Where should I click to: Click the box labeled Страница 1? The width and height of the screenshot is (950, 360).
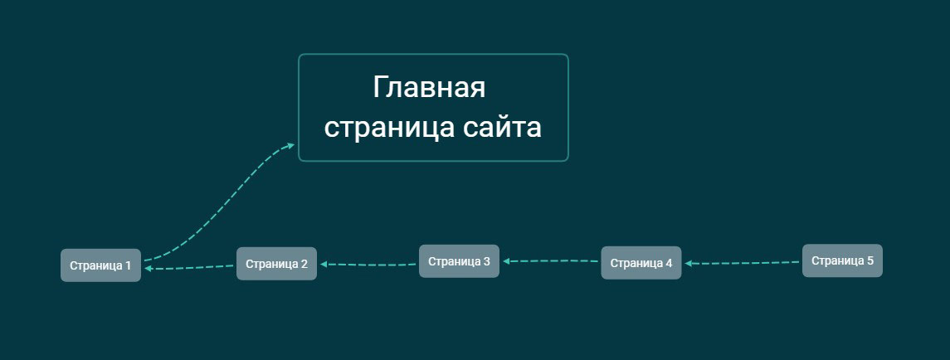click(100, 265)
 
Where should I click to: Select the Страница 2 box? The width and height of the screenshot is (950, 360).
click(276, 264)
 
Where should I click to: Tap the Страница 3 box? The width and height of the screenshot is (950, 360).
click(460, 261)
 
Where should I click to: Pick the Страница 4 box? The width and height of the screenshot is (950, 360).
click(641, 263)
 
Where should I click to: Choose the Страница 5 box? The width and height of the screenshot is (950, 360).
click(842, 260)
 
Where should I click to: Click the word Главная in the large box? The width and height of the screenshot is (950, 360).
click(429, 88)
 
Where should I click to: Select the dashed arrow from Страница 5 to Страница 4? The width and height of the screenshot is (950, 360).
click(743, 263)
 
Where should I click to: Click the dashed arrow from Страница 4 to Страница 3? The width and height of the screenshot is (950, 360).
click(551, 261)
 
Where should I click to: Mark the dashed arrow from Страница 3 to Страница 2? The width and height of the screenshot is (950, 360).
click(368, 265)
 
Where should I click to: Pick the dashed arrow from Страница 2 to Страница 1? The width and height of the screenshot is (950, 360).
click(189, 267)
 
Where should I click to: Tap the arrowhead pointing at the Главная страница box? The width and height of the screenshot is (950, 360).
click(291, 145)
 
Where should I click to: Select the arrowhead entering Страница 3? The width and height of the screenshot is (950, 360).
click(507, 261)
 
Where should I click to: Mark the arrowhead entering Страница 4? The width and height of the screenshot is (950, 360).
click(689, 263)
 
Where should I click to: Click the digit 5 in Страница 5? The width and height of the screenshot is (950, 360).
click(870, 260)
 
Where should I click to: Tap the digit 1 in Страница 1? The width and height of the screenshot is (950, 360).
click(128, 265)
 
